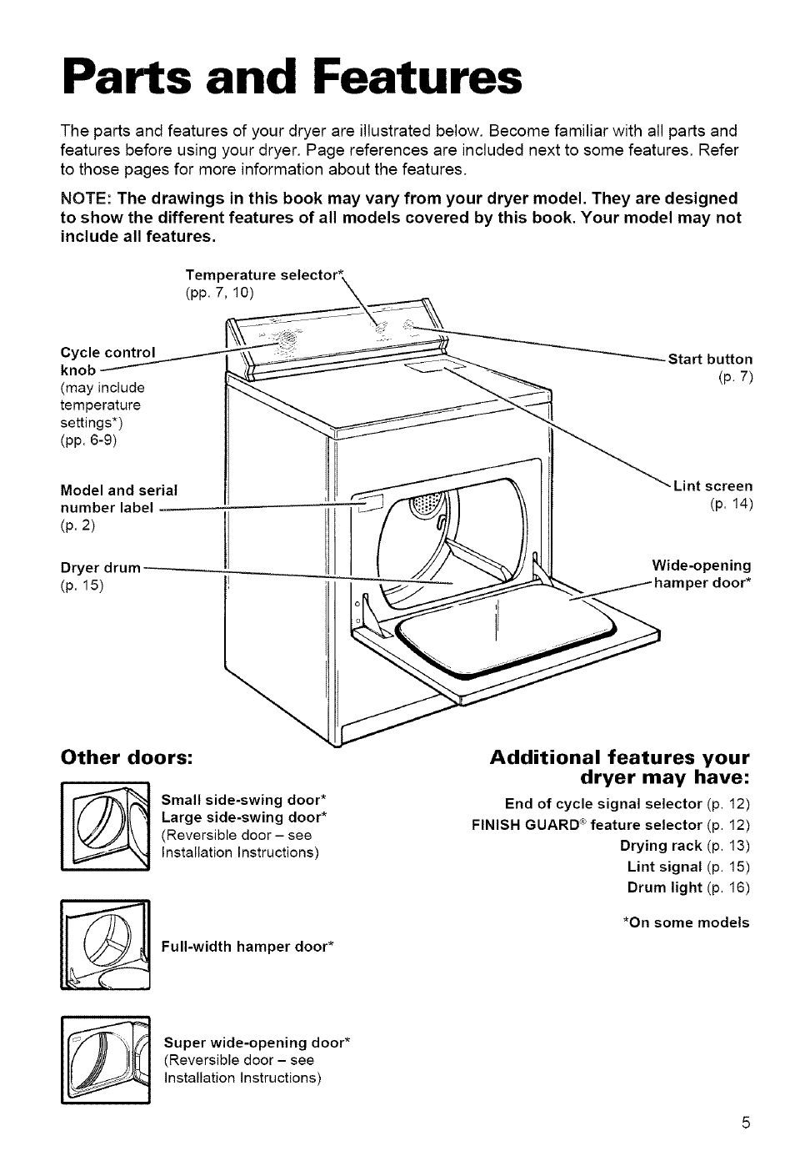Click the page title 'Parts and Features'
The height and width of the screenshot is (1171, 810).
pyautogui.click(x=292, y=78)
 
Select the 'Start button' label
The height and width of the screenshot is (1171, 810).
pyautogui.click(x=710, y=359)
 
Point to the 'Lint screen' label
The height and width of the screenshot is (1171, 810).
pyautogui.click(x=712, y=486)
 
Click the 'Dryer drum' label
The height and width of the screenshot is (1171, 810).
pyautogui.click(x=101, y=568)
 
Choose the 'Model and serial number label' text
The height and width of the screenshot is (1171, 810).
pyautogui.click(x=118, y=499)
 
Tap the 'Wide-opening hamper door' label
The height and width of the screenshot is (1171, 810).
pyautogui.click(x=702, y=575)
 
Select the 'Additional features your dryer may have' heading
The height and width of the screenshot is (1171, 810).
pyautogui.click(x=620, y=767)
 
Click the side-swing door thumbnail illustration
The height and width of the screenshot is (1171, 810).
pyautogui.click(x=104, y=827)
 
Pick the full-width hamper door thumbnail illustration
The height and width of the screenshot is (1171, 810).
pyautogui.click(x=104, y=946)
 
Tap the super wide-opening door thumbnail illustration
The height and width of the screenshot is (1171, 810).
pyautogui.click(x=104, y=1061)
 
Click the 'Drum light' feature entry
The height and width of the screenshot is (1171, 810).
pyautogui.click(x=688, y=887)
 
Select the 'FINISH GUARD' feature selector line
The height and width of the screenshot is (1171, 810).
pyautogui.click(x=611, y=825)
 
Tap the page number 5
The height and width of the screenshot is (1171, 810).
pyautogui.click(x=747, y=1122)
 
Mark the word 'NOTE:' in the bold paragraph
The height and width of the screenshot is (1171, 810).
pyautogui.click(x=86, y=199)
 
